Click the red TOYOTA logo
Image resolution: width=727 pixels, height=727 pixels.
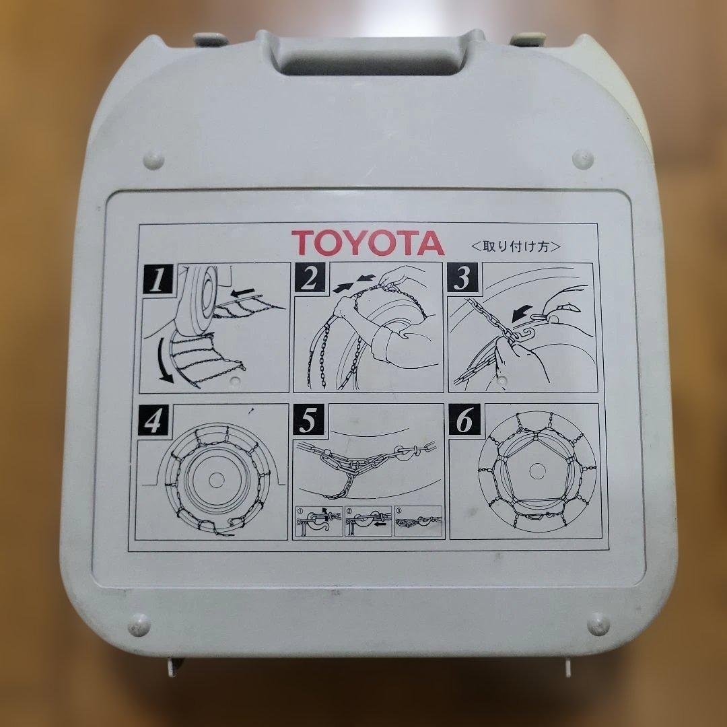coord(368,242)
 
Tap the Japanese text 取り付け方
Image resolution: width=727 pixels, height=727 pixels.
coord(516,246)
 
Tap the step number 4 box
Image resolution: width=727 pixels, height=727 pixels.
coord(153,420)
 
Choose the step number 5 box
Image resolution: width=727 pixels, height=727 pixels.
coord(308,419)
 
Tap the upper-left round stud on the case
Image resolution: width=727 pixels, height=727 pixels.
coord(153,160)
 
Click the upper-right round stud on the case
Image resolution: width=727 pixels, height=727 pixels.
coord(583,159)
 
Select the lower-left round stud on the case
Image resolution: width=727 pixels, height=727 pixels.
coord(139,625)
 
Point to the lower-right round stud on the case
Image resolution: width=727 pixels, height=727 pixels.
coord(598,624)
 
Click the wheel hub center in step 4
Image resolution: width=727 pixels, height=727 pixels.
coord(216,481)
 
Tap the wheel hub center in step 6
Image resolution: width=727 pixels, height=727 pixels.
coord(537,471)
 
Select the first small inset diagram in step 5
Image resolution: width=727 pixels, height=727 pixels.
coord(319,521)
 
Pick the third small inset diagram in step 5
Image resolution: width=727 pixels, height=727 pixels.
coord(417,521)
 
